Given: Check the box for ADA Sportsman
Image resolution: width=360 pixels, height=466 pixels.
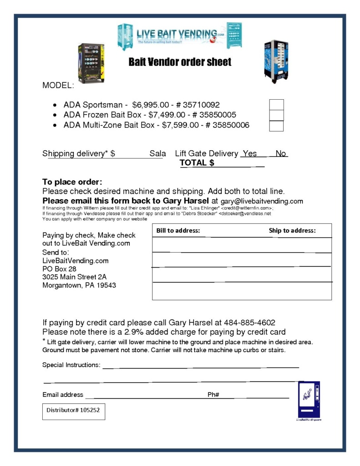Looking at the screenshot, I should pos(276,105).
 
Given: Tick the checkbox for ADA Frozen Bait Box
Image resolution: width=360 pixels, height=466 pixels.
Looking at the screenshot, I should pos(276,115).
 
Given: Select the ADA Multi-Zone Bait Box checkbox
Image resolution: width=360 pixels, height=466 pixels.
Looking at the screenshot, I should pos(276,126).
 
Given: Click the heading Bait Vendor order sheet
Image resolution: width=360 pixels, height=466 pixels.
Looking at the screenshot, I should pos(180,62).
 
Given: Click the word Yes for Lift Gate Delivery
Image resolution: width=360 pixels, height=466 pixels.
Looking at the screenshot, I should pos(249,153).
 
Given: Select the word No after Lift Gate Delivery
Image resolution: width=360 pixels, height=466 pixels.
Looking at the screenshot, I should pos(281,153).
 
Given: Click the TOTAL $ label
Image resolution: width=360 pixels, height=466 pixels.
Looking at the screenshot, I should pos(197,163).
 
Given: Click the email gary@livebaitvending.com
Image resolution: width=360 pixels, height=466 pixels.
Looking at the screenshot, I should pos(262,201).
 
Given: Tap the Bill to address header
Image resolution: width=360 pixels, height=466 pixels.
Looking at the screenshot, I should pos(178,231).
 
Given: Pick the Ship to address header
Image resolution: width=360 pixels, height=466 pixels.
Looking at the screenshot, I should pos(292,231).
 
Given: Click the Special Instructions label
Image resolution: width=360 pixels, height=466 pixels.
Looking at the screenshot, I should pos(71,365).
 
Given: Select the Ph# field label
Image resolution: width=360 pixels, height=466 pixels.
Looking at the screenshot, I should pos(213,395).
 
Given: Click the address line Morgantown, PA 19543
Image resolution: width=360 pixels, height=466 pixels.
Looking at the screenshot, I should pos(79,285).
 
